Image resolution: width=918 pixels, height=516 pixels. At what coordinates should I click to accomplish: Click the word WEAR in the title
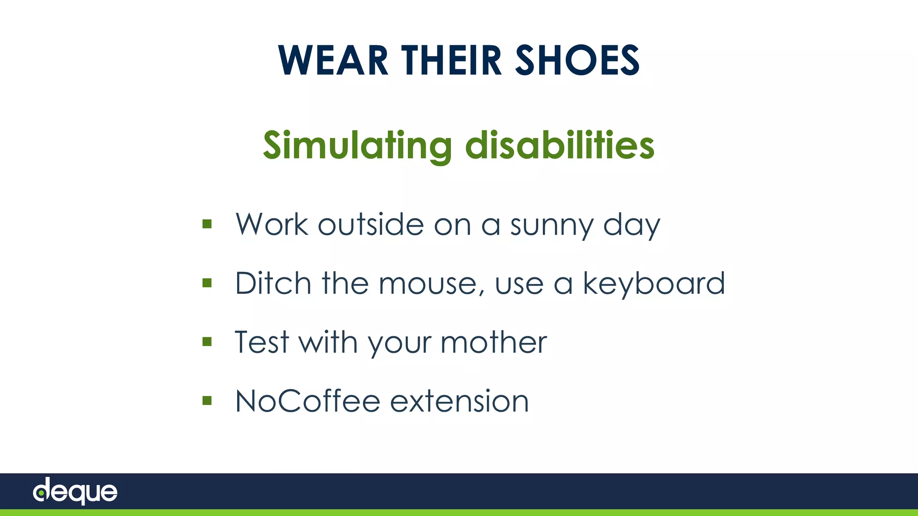[333, 60]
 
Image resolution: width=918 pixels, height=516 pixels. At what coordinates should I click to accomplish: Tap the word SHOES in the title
[577, 60]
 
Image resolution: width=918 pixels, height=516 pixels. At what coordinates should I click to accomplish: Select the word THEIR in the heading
[451, 60]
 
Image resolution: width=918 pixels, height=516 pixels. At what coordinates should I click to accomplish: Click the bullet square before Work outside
[207, 224]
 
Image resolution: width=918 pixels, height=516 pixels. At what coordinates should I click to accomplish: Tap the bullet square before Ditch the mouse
[207, 283]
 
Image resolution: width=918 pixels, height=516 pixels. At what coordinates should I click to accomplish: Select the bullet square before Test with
[207, 342]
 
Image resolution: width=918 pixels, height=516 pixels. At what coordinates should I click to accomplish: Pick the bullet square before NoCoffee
[207, 400]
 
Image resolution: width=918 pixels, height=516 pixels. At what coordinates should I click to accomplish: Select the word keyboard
[653, 284]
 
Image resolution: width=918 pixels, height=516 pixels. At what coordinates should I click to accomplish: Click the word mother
[494, 342]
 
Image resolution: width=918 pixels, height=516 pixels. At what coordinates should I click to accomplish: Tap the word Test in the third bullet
[262, 342]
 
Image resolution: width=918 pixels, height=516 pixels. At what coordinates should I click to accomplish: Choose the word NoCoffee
[307, 401]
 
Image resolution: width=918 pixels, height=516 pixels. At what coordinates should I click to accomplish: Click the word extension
[459, 401]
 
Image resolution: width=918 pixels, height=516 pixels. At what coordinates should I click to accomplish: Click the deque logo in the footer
[75, 491]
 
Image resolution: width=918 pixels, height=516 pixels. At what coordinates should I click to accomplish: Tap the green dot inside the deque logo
[41, 494]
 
